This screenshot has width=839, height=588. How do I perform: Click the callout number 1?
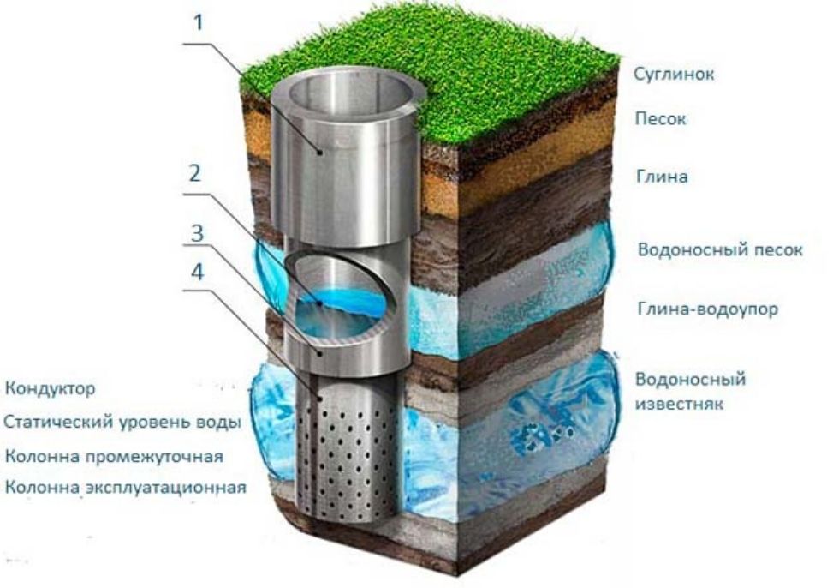[x=199, y=23]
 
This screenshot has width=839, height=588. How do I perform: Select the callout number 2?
[x=195, y=173]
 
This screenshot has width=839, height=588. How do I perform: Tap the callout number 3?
[x=198, y=233]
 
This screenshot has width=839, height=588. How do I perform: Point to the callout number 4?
[x=198, y=272]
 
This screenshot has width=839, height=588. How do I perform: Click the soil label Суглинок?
[x=674, y=74]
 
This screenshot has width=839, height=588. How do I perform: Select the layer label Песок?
[x=660, y=118]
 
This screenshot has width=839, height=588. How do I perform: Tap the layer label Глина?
[x=661, y=177]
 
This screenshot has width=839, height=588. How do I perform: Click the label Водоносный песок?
[x=720, y=249]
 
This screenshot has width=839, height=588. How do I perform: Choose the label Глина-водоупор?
[x=707, y=309]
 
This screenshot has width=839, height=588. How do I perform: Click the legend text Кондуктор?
[x=50, y=388]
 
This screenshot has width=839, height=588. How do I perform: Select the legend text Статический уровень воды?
[x=122, y=422]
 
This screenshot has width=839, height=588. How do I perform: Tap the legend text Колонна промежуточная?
[x=114, y=456]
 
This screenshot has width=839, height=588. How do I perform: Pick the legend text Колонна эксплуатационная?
[x=126, y=488]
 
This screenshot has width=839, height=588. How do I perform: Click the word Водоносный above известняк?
[x=690, y=379]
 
